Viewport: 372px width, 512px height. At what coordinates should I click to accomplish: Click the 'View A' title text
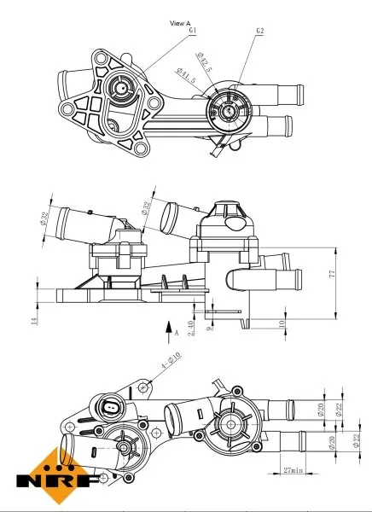(180, 22)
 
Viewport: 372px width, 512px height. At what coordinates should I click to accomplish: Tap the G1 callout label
(193, 32)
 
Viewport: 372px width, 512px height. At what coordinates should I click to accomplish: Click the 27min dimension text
(294, 470)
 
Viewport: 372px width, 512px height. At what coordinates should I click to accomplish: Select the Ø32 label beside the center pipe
(146, 210)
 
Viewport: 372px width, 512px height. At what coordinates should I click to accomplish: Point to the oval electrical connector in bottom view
(112, 407)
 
